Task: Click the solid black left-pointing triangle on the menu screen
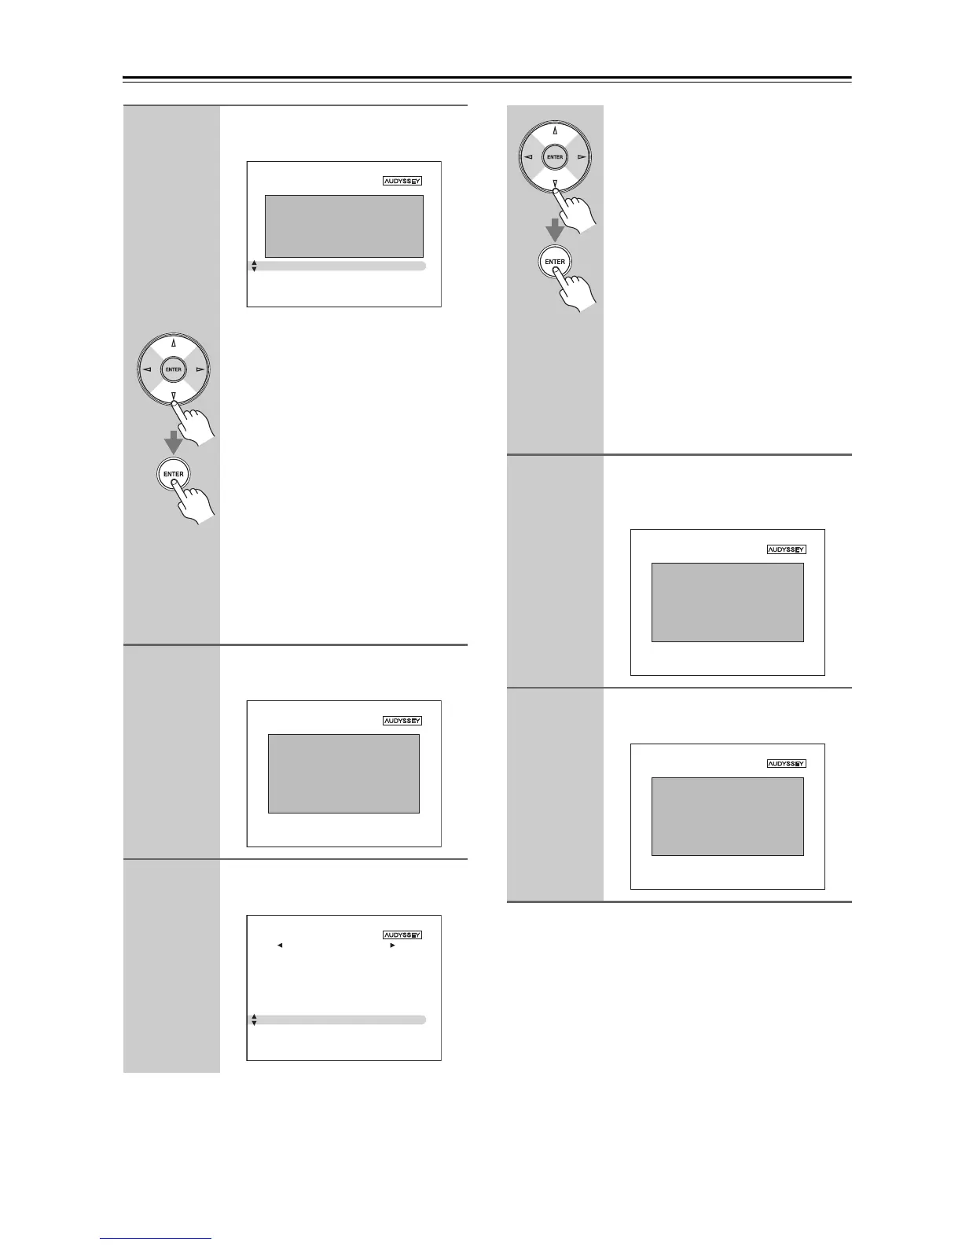coord(280,945)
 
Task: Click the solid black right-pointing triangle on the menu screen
coord(392,945)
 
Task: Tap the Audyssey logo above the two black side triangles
coord(402,935)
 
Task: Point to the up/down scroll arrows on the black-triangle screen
coord(254,1019)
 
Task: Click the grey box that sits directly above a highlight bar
coord(344,226)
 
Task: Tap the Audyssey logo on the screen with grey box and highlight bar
coord(402,181)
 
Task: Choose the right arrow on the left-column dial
coord(200,369)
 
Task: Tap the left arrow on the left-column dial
coord(148,369)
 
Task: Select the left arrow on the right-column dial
coord(529,157)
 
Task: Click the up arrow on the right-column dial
coord(555,131)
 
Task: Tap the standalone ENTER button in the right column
coord(555,262)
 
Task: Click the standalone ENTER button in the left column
coord(174,474)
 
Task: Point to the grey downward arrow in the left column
coord(174,442)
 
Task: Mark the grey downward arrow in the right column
coord(555,230)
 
